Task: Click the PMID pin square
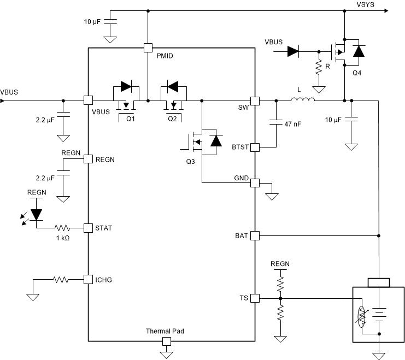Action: [148, 48]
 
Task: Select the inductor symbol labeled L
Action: [302, 99]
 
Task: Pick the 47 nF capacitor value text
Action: [292, 124]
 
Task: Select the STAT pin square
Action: [87, 227]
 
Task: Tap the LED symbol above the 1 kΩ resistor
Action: [37, 214]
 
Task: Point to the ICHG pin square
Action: [87, 279]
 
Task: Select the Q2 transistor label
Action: [173, 118]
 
